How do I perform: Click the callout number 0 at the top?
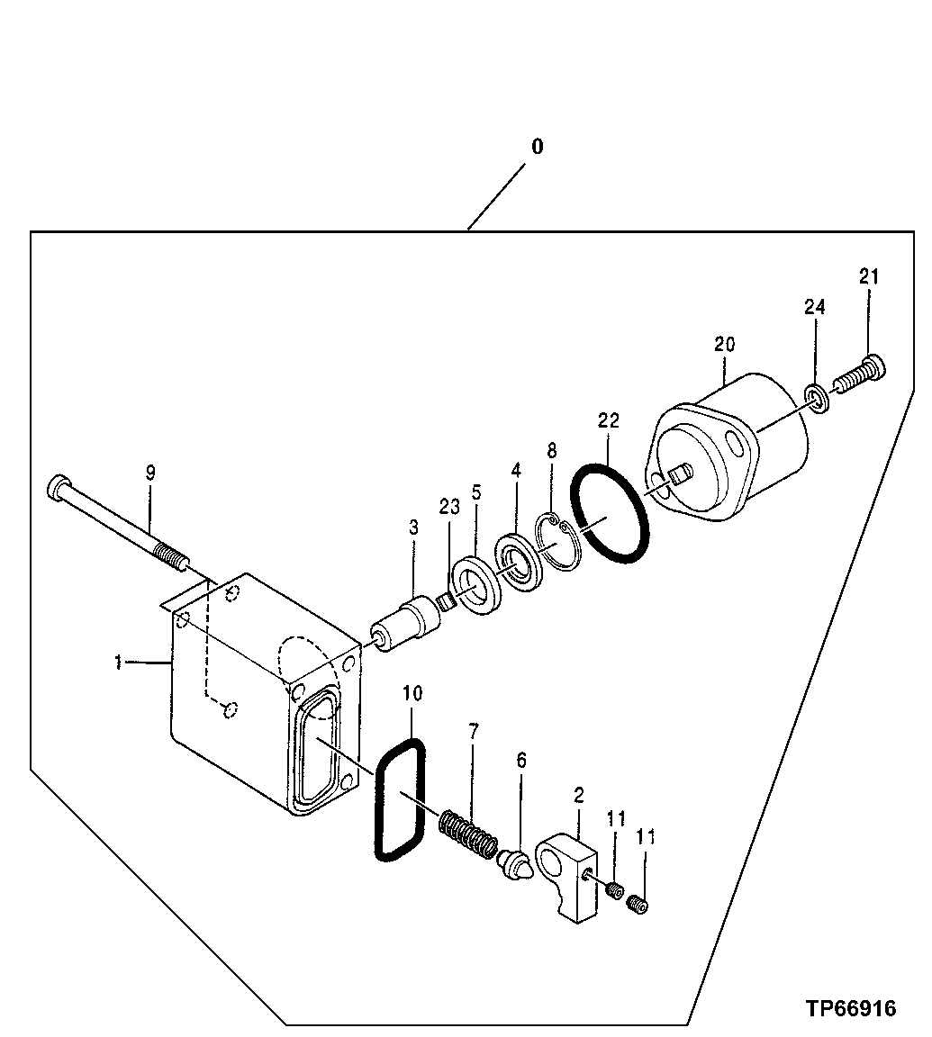click(x=537, y=147)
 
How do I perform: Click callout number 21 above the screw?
click(x=868, y=277)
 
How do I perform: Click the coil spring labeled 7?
click(x=467, y=833)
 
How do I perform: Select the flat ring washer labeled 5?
click(x=475, y=588)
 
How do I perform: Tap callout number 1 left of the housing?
click(x=119, y=663)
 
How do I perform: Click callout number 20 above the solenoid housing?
click(x=725, y=344)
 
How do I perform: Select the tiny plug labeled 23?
click(x=443, y=602)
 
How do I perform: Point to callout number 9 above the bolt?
click(x=150, y=471)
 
